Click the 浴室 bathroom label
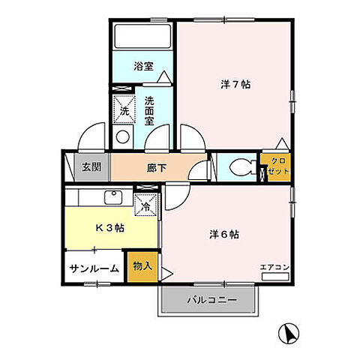point(143,67)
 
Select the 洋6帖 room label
point(223,234)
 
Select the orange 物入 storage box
point(142,266)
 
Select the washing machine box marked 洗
point(124,110)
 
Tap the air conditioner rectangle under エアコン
point(274,276)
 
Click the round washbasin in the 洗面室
point(122,138)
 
